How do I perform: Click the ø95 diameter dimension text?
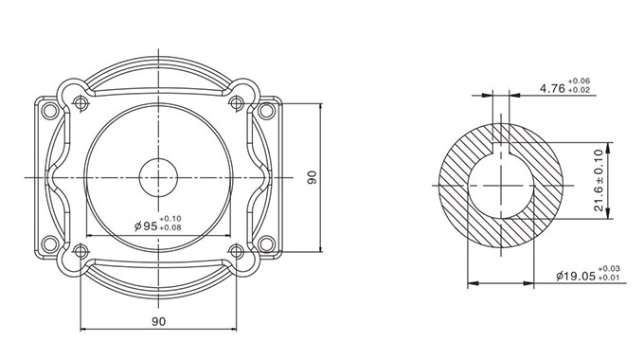click(x=146, y=225)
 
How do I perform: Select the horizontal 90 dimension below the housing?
click(x=158, y=321)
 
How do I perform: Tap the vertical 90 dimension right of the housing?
click(x=313, y=177)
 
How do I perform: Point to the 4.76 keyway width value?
click(x=552, y=88)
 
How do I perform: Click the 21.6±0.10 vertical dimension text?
click(x=599, y=180)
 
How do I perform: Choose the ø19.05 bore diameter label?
click(x=576, y=277)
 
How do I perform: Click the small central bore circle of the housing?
click(x=158, y=177)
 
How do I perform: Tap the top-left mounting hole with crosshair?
click(x=80, y=102)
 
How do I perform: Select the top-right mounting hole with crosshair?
click(x=236, y=102)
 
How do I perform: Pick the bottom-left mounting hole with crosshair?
click(x=80, y=250)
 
